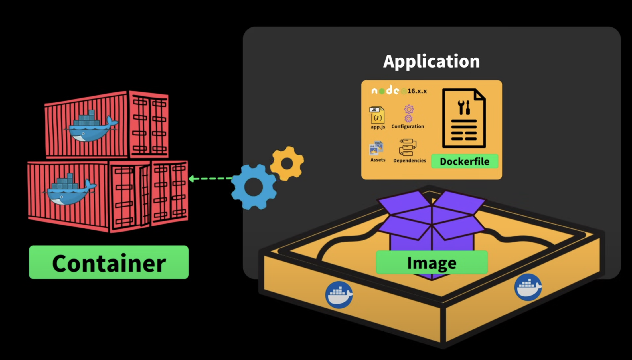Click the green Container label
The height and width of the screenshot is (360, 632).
coord(109,262)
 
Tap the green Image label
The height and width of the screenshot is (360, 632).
coord(432,262)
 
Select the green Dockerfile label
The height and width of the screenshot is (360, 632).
coord(464,161)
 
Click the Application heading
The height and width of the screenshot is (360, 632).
coord(431,61)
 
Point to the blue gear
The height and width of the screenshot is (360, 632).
coord(254,187)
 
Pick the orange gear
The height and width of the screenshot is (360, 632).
coord(287,163)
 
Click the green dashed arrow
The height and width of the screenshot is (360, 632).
coord(210,179)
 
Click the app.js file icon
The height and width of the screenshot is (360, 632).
coord(377,115)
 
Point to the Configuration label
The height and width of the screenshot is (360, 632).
coord(408,126)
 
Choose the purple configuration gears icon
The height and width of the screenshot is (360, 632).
coord(409,114)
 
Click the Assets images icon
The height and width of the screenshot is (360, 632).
coord(376,148)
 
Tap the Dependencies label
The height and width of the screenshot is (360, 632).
coord(410,161)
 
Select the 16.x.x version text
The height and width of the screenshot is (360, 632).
coord(417,91)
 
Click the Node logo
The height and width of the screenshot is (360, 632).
coord(385,90)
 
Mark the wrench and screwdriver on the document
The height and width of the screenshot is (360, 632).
coord(464,107)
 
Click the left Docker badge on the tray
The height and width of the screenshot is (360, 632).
coord(339,295)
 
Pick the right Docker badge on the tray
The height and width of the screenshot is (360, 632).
coord(528,287)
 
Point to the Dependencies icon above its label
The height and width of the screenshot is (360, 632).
coord(408,147)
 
